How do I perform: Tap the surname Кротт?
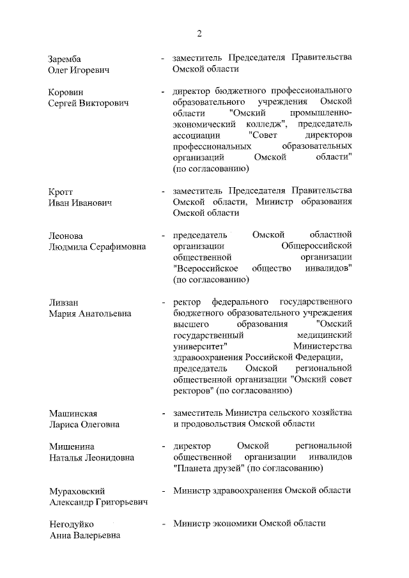pyautogui.click(x=61, y=192)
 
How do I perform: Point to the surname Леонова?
pyautogui.click(x=66, y=236)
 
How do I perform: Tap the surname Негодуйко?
pyautogui.click(x=72, y=524)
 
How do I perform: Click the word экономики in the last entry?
pyautogui.click(x=236, y=523)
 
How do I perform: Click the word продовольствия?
pyautogui.click(x=214, y=425)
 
